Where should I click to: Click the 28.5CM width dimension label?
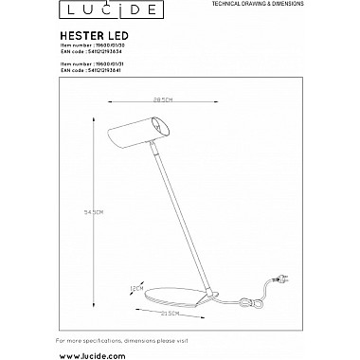point(168,100)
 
